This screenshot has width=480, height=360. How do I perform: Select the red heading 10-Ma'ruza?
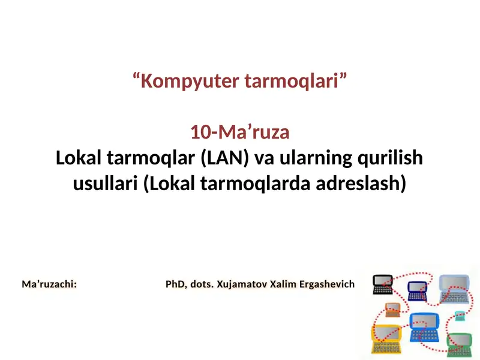pyautogui.click(x=240, y=131)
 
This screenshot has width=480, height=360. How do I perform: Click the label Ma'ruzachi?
pyautogui.click(x=49, y=283)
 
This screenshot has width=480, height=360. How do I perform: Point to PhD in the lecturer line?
pyautogui.click(x=177, y=283)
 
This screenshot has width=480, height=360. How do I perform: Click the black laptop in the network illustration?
pyautogui.click(x=382, y=284)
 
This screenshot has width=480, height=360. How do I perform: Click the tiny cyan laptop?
pyautogui.click(x=459, y=316)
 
